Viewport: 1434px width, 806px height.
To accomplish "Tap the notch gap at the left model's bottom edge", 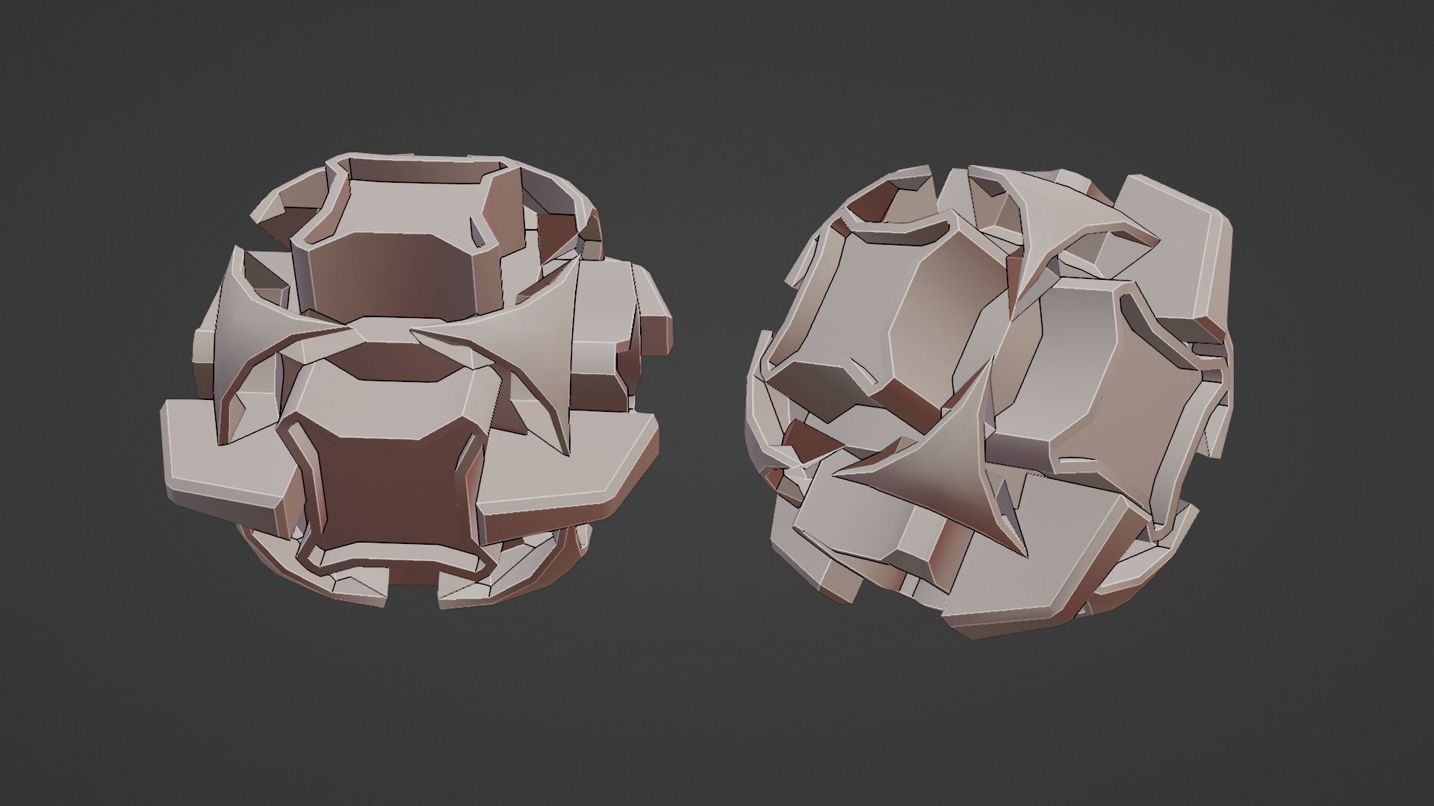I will [415, 593].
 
